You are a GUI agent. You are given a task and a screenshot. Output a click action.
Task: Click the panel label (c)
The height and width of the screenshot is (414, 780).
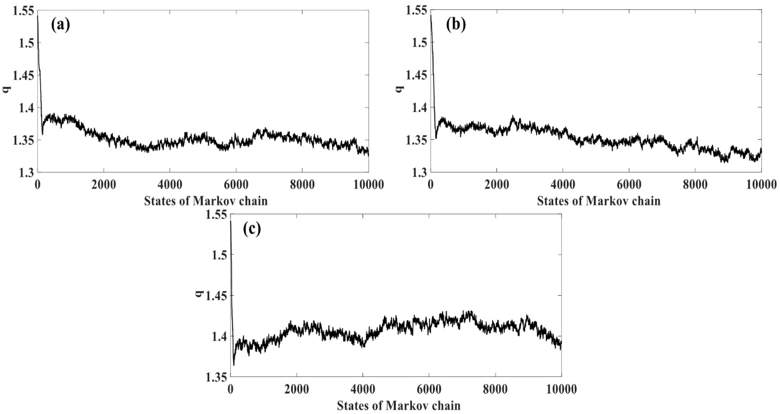tap(252, 230)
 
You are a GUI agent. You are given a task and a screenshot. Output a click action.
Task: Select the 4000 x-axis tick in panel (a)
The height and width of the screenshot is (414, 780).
tap(169, 185)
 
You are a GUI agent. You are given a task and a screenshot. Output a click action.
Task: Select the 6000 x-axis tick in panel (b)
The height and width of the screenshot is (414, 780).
tap(629, 185)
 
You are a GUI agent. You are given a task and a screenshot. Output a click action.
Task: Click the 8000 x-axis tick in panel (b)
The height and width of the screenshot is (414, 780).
tap(695, 185)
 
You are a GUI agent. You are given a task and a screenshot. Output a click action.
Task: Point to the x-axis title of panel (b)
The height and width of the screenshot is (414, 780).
tap(599, 201)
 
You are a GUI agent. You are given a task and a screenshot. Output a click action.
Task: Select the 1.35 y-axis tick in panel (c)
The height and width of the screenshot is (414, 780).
tap(216, 377)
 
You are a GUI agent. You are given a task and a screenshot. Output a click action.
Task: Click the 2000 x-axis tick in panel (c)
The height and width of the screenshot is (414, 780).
tap(296, 389)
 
